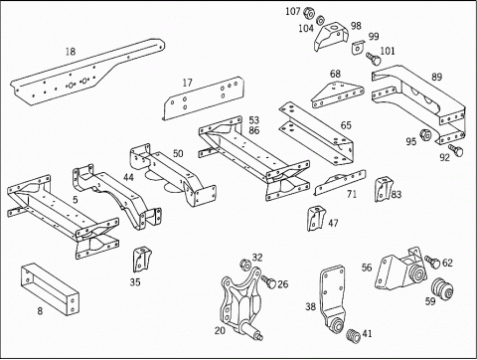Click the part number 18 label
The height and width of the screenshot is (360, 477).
[70, 51]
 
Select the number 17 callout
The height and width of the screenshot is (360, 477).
[187, 83]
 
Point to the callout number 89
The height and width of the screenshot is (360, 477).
[436, 77]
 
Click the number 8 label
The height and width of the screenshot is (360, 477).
[40, 310]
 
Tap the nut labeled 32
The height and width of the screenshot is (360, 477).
[241, 266]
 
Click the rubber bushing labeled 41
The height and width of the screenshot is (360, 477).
[349, 333]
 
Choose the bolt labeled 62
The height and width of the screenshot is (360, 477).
[432, 263]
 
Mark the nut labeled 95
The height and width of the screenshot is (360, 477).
[425, 134]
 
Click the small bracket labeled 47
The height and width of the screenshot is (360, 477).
[317, 218]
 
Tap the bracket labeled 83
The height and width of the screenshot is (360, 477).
[384, 188]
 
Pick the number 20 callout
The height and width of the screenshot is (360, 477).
[220, 331]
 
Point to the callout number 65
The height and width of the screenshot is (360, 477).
[346, 126]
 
